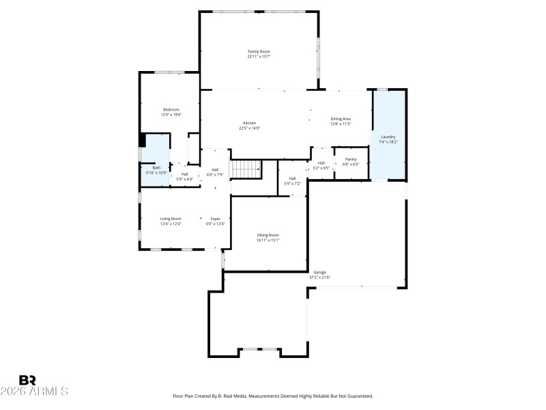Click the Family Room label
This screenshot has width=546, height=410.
tap(259, 51)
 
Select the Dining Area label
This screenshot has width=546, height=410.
tap(341, 119)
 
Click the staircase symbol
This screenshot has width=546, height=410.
tap(246, 168)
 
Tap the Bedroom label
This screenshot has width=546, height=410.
tap(171, 110)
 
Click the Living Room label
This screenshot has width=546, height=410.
tap(171, 219)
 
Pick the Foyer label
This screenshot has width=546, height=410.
tap(215, 219)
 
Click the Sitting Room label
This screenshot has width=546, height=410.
tap(268, 234)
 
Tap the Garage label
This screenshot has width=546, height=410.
tap(319, 272)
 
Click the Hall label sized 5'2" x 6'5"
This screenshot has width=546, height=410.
tap(321, 163)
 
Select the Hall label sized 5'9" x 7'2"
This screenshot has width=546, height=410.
tap(292, 178)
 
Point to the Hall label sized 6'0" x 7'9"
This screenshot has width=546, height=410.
tap(215, 169)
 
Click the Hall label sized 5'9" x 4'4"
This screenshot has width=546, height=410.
tap(184, 174)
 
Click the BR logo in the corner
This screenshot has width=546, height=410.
tap(27, 379)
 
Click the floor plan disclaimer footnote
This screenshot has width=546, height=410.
tap(273, 396)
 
